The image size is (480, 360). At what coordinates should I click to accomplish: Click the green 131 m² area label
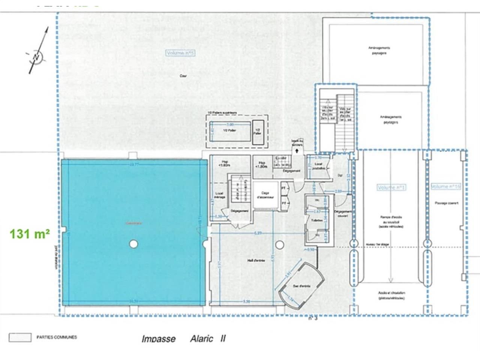pyautogui.click(x=30, y=234)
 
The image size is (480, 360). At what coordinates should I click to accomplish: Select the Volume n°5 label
pyautogui.click(x=180, y=53)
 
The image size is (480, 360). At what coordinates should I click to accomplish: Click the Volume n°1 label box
pyautogui.click(x=391, y=187)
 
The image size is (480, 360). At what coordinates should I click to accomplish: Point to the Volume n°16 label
pyautogui.click(x=445, y=186)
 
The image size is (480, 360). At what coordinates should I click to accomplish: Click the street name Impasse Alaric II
pyautogui.click(x=183, y=339)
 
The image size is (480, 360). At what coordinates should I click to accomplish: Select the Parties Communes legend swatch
pyautogui.click(x=20, y=337)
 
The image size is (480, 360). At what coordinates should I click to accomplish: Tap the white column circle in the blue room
pyautogui.click(x=133, y=244)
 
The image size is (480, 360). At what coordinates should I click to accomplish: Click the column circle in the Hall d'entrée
pyautogui.click(x=279, y=245)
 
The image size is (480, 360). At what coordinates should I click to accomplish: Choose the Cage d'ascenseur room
pyautogui.click(x=265, y=195)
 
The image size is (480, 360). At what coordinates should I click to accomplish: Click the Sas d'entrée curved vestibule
pyautogui.click(x=301, y=286)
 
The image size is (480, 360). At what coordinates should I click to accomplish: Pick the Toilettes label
pyautogui.click(x=317, y=220)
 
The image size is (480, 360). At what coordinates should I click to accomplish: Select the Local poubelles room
pyautogui.click(x=318, y=166)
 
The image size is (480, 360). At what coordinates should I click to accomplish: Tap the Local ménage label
pyautogui.click(x=219, y=195)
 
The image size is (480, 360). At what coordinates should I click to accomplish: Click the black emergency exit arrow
pyautogui.click(x=297, y=151)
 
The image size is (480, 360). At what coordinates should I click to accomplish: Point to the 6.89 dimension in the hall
pyautogui.click(x=258, y=233)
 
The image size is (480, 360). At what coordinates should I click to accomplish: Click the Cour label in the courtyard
pyautogui.click(x=183, y=76)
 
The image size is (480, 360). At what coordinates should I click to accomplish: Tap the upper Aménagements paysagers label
pyautogui.click(x=379, y=51)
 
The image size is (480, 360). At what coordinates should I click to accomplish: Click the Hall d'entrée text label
pyautogui.click(x=256, y=260)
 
